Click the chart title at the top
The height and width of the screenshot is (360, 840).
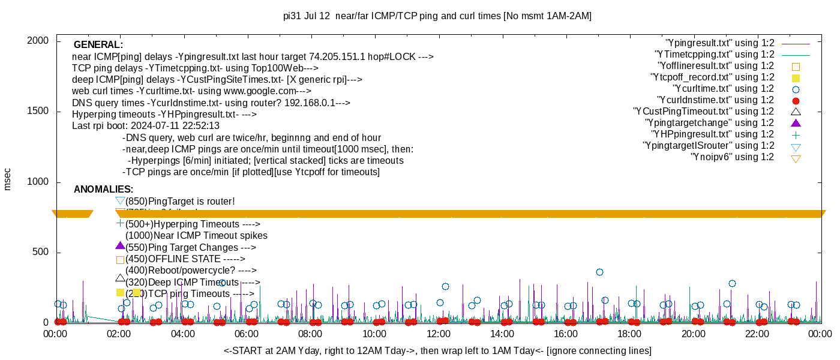437,16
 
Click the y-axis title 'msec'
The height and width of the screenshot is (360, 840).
7,179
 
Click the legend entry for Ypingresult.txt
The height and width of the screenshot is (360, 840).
719,43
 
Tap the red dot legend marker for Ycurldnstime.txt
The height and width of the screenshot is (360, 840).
796,101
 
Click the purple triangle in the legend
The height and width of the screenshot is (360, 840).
796,123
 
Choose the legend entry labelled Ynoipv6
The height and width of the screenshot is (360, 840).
732,157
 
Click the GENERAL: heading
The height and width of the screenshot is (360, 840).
98,45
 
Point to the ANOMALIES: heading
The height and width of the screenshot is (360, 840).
104,190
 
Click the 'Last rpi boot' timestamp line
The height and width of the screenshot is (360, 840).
146,126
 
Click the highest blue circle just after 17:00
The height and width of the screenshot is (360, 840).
599,272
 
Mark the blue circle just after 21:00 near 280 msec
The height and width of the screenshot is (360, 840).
732,284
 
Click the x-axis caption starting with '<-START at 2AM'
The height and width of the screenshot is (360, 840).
437,350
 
